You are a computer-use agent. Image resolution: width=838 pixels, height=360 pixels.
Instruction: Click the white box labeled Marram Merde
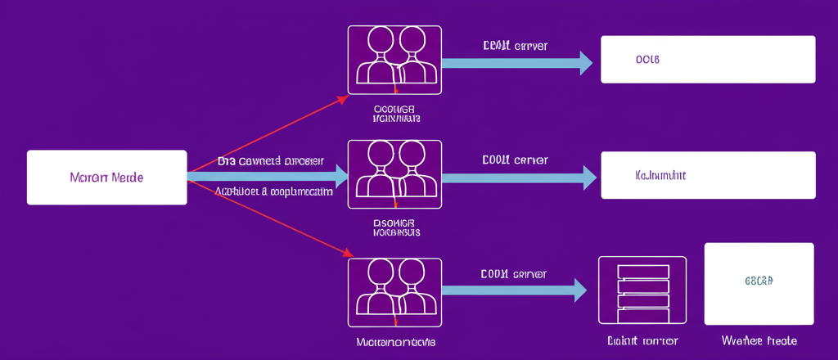107,177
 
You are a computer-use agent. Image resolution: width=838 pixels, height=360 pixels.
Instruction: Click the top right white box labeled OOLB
708,60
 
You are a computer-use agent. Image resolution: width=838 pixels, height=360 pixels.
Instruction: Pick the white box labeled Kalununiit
708,175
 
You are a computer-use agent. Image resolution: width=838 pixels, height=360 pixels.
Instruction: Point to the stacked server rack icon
642,293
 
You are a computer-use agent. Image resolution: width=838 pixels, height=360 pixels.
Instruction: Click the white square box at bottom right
759,284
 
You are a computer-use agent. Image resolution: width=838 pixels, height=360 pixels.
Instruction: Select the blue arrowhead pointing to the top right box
585,63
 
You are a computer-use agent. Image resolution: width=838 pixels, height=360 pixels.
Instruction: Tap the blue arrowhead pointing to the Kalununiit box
588,177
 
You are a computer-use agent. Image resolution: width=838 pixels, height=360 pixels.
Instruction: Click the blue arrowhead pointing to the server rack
580,290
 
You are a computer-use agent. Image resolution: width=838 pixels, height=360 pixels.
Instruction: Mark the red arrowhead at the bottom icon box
345,253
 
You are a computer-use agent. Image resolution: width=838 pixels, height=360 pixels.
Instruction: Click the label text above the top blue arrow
515,46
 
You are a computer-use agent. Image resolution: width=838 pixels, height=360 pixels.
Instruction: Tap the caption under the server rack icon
642,340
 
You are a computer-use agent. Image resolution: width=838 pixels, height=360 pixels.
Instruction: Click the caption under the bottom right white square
759,340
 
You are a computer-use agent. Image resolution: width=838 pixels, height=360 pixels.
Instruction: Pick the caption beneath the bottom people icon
394,340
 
